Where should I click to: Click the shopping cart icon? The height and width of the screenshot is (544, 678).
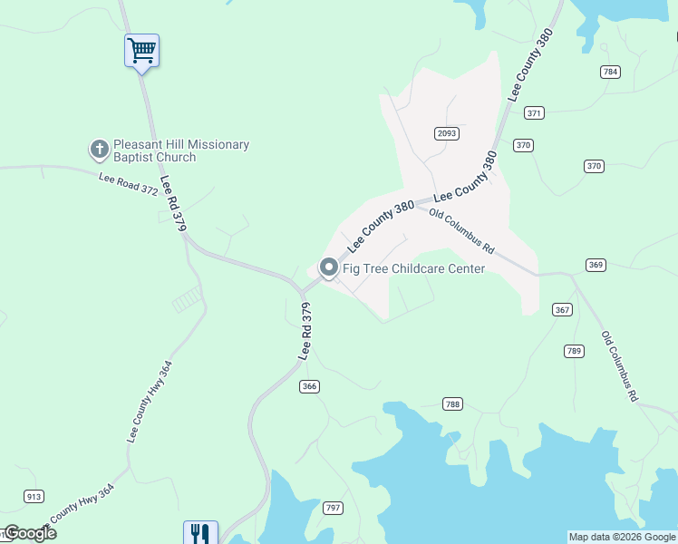click(x=141, y=50)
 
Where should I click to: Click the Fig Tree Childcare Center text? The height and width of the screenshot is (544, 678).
click(x=413, y=268)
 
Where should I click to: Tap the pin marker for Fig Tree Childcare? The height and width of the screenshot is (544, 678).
click(x=327, y=267)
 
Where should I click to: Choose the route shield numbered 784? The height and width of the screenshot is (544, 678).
click(x=610, y=71)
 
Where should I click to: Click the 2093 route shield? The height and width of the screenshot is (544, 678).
click(x=446, y=133)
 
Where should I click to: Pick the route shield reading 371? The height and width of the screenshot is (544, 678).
click(x=535, y=112)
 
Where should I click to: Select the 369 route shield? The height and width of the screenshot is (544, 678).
click(x=595, y=265)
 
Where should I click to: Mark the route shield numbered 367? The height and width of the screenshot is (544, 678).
click(x=562, y=310)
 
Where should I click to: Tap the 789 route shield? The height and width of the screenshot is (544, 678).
click(x=573, y=350)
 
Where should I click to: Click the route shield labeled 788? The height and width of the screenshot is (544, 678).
click(x=453, y=403)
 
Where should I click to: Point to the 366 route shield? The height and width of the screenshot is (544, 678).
click(x=310, y=386)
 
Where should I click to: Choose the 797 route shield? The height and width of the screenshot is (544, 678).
click(x=333, y=508)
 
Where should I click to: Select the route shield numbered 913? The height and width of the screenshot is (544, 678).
click(x=34, y=496)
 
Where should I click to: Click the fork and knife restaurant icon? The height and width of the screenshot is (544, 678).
click(x=199, y=533)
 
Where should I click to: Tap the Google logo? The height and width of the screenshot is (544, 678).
click(x=30, y=533)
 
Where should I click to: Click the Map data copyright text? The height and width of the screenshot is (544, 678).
click(x=621, y=537)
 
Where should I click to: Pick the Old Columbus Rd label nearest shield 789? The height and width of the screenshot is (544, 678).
click(x=620, y=365)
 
